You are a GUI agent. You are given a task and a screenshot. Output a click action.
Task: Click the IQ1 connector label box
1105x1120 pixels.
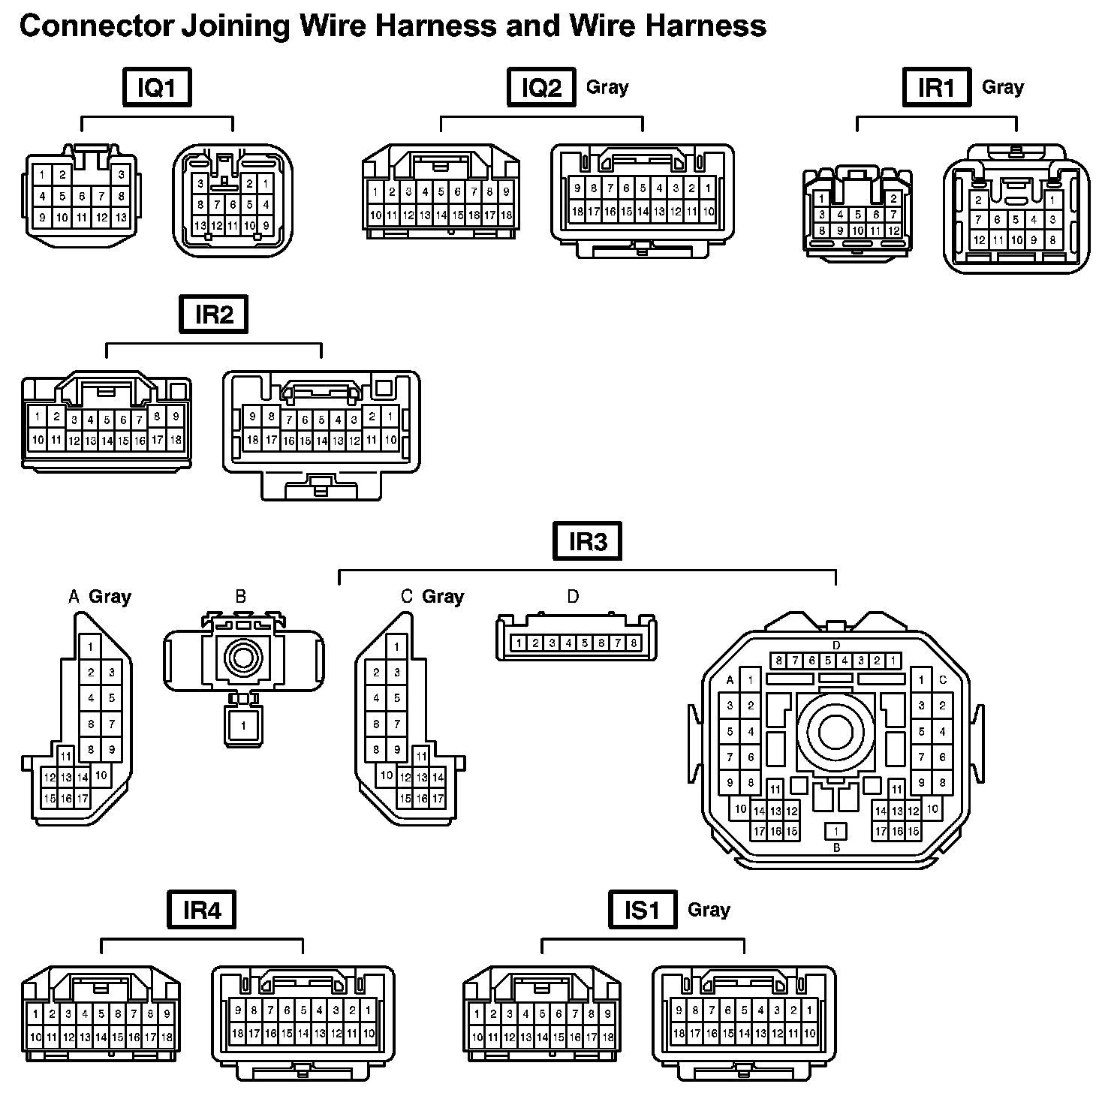coord(157,87)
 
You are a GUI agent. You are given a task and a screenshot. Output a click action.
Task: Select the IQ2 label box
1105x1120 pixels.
coord(541,87)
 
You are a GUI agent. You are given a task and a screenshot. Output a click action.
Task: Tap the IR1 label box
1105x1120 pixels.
coord(936,87)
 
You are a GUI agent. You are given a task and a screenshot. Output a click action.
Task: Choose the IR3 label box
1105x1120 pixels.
coord(587,541)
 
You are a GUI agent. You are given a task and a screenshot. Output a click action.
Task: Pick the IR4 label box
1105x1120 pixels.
coord(202,910)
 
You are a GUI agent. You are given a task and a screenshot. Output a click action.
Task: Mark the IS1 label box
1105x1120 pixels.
coord(642,910)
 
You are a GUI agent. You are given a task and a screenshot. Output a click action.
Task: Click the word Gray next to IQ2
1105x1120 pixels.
coord(607,87)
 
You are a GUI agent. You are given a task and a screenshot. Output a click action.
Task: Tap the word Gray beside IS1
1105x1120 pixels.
coord(709,910)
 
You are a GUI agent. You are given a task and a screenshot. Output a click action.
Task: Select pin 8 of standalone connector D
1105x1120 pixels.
coord(634,643)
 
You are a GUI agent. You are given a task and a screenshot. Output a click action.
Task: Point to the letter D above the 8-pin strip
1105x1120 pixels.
coord(573,597)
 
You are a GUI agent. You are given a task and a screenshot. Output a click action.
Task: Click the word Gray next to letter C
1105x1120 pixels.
coord(443,597)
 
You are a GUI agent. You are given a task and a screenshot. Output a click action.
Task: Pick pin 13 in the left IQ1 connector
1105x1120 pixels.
coord(121,218)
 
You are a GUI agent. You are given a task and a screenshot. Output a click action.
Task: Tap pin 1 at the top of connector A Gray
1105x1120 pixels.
coord(91,646)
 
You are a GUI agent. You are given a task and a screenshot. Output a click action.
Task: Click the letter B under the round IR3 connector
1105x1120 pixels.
coord(836,848)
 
